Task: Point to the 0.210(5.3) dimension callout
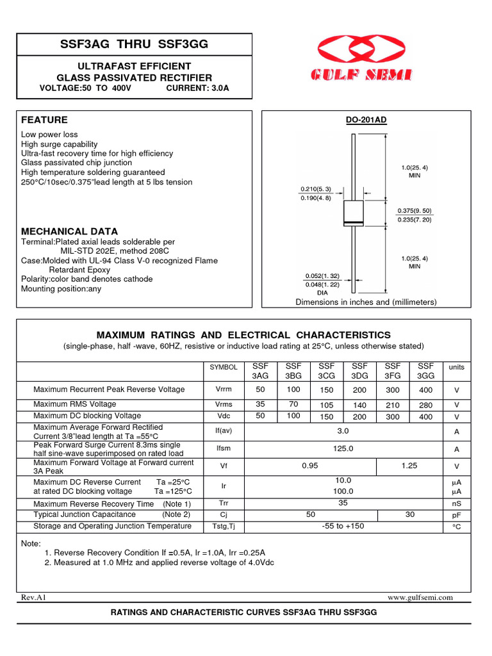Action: (x=315, y=189)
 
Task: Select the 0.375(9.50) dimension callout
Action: (x=414, y=211)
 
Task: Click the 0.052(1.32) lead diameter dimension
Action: (x=322, y=276)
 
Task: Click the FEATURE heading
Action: (x=44, y=120)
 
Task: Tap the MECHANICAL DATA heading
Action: (x=69, y=231)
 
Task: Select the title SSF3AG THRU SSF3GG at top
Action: (x=134, y=44)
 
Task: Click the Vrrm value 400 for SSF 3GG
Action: (x=425, y=389)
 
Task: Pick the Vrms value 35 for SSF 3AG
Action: (x=260, y=404)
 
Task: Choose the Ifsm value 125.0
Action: (x=343, y=449)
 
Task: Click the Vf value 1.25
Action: (x=409, y=466)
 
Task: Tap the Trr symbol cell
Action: (x=224, y=504)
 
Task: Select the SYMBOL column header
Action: (x=224, y=367)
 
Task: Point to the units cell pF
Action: (x=457, y=515)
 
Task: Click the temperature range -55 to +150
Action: (x=343, y=526)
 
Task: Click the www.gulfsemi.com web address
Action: (x=420, y=597)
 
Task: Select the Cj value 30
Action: (x=409, y=514)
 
